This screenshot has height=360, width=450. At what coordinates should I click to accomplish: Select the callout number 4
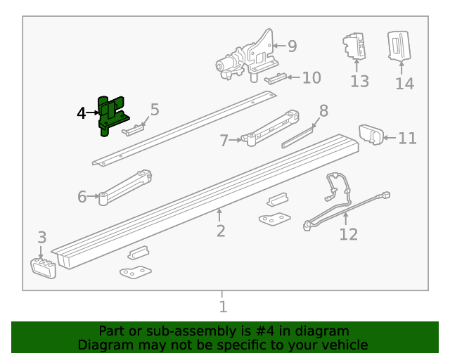coord(82,112)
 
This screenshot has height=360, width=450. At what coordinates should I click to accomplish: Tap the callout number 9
coord(292,46)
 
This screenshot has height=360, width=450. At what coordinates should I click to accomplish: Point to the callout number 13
coord(359,82)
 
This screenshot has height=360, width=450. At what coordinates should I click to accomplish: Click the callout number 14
coord(404,84)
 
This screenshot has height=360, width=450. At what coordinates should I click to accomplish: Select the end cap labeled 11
coord(371,134)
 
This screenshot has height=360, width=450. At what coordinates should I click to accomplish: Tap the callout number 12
coord(348,234)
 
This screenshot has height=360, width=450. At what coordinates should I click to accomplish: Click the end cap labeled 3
coord(44,267)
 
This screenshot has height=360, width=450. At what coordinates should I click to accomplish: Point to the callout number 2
coord(221,231)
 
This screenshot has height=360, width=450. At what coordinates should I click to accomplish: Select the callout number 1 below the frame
coord(223,307)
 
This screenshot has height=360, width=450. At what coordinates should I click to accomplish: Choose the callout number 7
coord(224,141)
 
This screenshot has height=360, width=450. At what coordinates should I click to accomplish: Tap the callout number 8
coord(323,110)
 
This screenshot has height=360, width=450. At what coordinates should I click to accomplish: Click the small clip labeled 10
coord(276,77)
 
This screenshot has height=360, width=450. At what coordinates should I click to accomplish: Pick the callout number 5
coord(155,110)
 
